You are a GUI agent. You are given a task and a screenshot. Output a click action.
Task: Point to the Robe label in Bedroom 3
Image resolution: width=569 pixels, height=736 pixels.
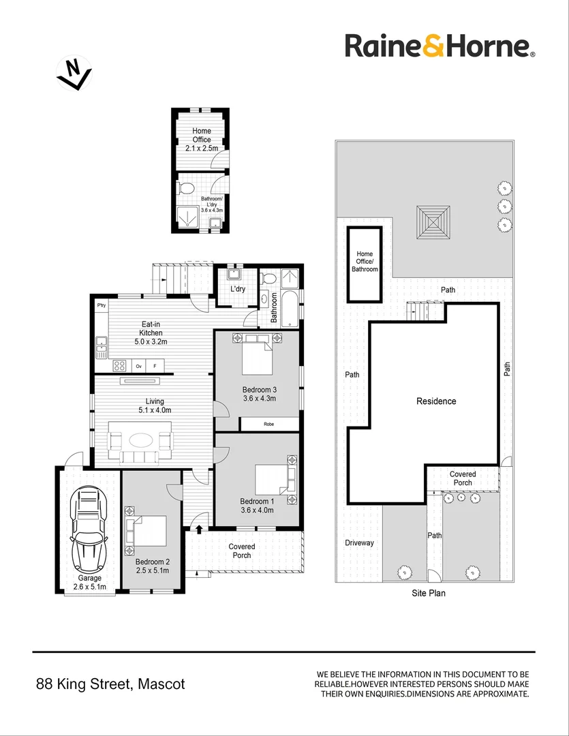coord(269,424)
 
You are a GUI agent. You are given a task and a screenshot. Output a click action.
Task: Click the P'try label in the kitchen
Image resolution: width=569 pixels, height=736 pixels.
coord(102,305)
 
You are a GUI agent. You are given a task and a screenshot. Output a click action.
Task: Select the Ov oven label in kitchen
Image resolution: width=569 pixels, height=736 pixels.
coord(138,366)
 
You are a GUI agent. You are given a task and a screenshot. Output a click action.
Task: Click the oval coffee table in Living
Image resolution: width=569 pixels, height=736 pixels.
coord(142,440)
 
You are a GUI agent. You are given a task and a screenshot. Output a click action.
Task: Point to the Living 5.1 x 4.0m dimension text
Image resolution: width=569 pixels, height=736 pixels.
coord(154,411)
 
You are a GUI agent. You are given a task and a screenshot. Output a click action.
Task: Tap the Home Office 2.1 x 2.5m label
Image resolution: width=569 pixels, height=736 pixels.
coord(202,139)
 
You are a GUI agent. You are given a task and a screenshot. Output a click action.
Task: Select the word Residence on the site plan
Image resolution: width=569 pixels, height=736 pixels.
coord(436,401)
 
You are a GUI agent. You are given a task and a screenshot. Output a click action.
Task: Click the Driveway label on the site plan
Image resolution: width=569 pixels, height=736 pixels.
coord(359,543)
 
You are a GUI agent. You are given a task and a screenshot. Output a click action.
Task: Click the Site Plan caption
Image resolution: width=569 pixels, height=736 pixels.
coord(429,594)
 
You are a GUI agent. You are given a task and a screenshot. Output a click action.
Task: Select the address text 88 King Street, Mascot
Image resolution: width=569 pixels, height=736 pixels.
coord(110,684)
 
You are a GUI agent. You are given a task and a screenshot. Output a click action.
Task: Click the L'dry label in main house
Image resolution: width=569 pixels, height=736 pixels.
coord(237,289)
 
